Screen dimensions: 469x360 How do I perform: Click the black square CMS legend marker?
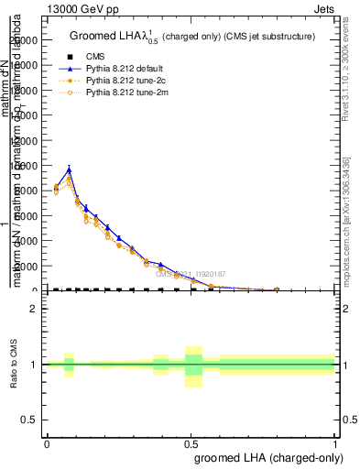click(77, 57)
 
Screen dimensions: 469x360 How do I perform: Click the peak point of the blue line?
click(69, 169)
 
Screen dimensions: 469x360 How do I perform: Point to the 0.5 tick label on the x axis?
click(191, 444)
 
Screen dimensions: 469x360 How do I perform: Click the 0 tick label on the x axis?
click(47, 444)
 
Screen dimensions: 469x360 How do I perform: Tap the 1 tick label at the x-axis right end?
click(334, 444)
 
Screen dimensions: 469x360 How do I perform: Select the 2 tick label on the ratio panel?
click(33, 309)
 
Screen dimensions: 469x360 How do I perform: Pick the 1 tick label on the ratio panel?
click(33, 365)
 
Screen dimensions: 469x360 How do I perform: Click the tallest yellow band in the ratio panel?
click(193, 366)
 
